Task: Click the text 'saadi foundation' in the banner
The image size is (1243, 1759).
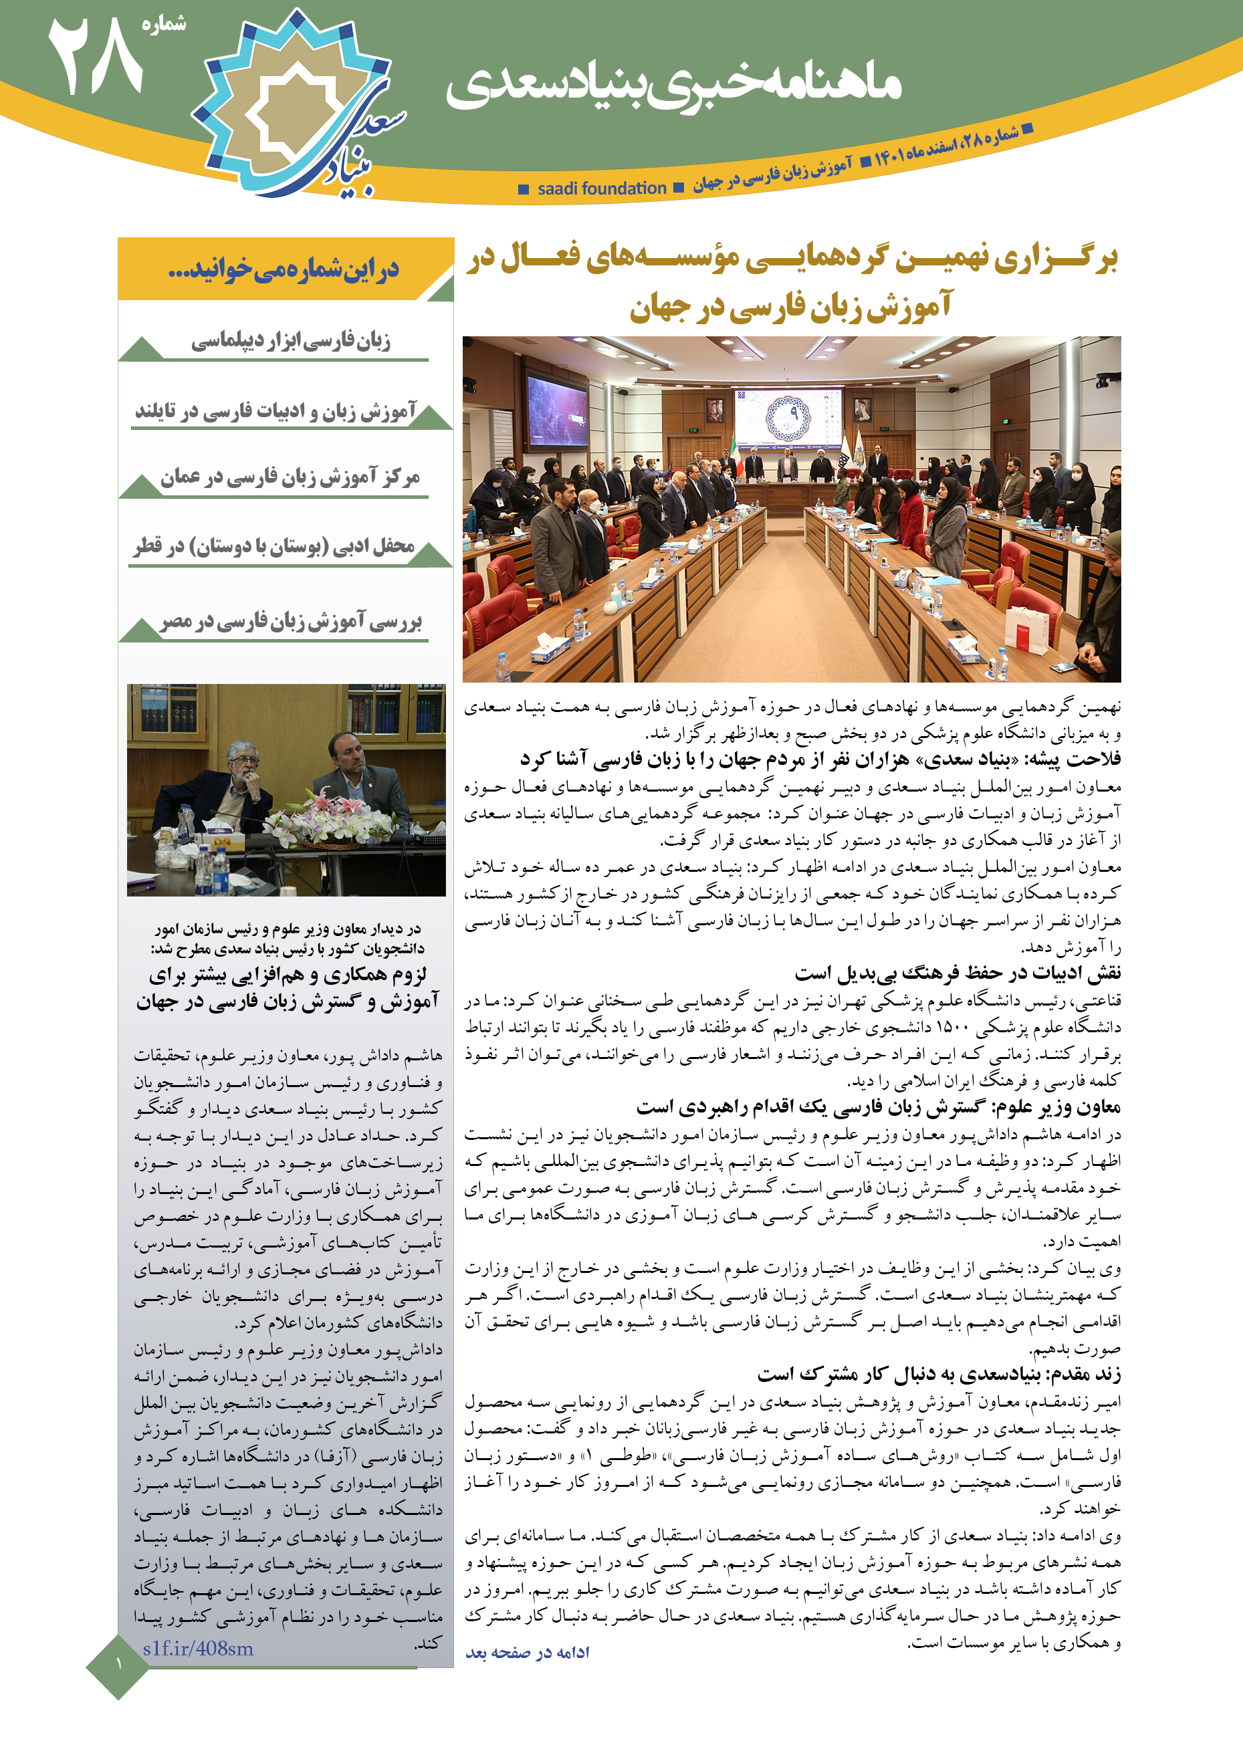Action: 602,189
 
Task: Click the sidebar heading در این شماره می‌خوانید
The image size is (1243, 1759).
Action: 284,269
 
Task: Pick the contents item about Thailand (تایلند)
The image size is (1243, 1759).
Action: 276,411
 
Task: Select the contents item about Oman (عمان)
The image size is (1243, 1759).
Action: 290,477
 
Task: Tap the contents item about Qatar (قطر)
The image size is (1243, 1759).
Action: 274,546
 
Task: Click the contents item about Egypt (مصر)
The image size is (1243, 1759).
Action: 292,621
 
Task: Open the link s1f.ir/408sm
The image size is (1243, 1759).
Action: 198,1649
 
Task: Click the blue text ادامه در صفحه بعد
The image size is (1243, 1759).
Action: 528,1653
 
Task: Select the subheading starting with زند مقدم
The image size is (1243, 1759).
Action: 939,1375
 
